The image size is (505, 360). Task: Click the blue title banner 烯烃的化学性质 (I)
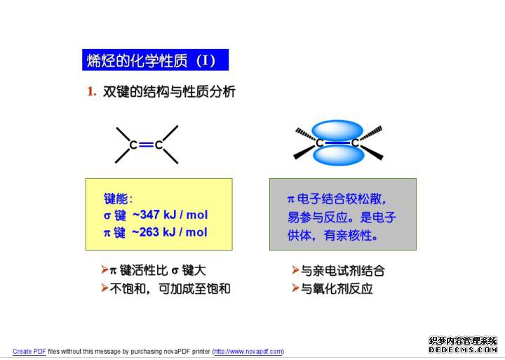[x=155, y=60]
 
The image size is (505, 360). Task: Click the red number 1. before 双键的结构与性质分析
[x=92, y=91]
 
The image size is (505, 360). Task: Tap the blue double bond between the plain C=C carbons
[x=146, y=145]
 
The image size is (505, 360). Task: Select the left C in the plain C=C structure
[x=133, y=145]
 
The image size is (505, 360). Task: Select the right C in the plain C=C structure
[x=159, y=145]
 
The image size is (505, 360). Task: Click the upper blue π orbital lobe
[x=337, y=131]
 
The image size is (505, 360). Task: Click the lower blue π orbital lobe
[x=338, y=155]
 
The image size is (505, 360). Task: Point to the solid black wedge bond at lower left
[x=304, y=152]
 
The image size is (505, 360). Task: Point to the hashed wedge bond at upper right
[x=371, y=133]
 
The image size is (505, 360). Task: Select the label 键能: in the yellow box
[x=118, y=199]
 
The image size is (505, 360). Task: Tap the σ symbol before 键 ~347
[x=107, y=215]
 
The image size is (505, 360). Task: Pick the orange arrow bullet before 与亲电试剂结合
[x=295, y=269]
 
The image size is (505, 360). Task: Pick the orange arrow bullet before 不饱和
[x=105, y=288]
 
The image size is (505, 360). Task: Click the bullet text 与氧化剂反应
[x=337, y=288]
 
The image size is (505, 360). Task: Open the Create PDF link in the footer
[x=29, y=352]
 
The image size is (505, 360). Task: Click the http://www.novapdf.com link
[x=248, y=352]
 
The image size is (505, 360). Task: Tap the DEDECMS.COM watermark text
[x=463, y=349]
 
